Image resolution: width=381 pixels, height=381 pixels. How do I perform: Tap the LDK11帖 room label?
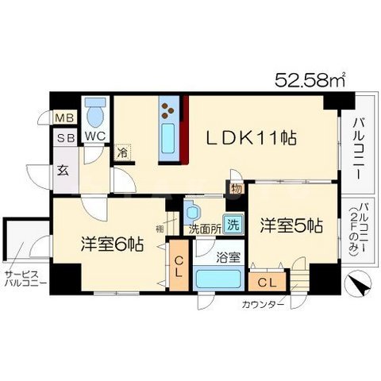pos(253,138)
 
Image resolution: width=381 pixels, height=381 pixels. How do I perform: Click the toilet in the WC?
pos(95,114)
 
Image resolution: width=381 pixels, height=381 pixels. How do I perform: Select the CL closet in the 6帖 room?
pos(179,267)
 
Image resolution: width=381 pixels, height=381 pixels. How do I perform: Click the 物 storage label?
pos(237,188)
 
